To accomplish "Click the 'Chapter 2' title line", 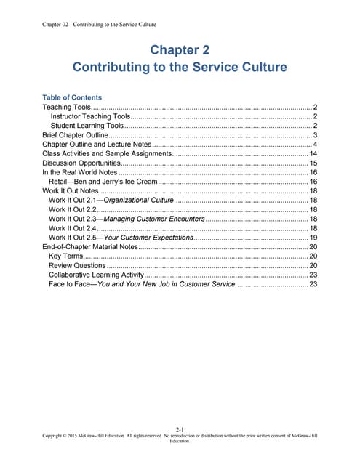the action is [180, 50].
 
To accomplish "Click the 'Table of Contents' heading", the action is [72, 97].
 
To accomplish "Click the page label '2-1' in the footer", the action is [180, 429].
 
